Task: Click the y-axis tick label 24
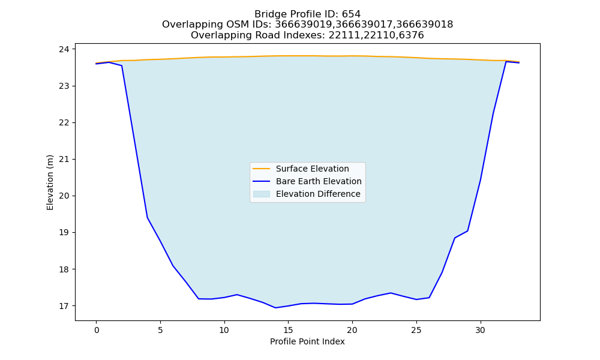[64, 49]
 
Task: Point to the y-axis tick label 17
[64, 306]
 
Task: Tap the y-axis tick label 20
[64, 196]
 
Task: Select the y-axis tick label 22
[64, 123]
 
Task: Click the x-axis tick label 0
[97, 330]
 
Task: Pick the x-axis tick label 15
[288, 330]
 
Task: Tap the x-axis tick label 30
[480, 330]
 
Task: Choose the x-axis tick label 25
[416, 330]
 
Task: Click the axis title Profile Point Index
[307, 341]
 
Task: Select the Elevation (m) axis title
[50, 182]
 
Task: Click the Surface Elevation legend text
[312, 169]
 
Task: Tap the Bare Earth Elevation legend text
[319, 181]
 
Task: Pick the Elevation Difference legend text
[318, 194]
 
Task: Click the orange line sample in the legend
[262, 169]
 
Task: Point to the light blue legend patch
[262, 194]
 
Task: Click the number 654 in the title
[351, 14]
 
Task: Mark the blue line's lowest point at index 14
[275, 308]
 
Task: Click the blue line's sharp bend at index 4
[148, 218]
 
